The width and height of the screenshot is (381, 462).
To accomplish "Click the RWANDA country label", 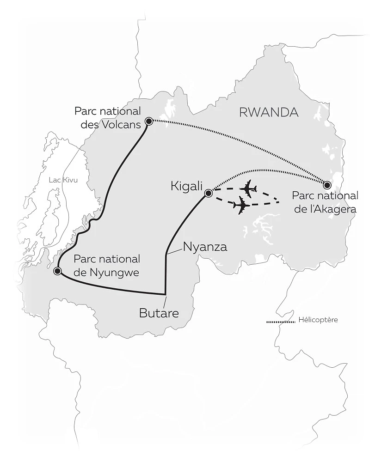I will [x=268, y=112].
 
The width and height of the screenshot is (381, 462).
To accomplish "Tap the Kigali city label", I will [x=187, y=186].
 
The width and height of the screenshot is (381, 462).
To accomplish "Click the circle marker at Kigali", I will [x=208, y=193].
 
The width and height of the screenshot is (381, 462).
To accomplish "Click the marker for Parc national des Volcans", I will [x=149, y=122].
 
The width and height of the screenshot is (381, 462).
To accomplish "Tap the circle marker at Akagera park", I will [x=327, y=185].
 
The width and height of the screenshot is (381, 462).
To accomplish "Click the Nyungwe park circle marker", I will [x=57, y=271].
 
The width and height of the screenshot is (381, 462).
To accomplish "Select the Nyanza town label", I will [x=205, y=247].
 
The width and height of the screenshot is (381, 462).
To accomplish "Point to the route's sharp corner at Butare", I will [x=166, y=294].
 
